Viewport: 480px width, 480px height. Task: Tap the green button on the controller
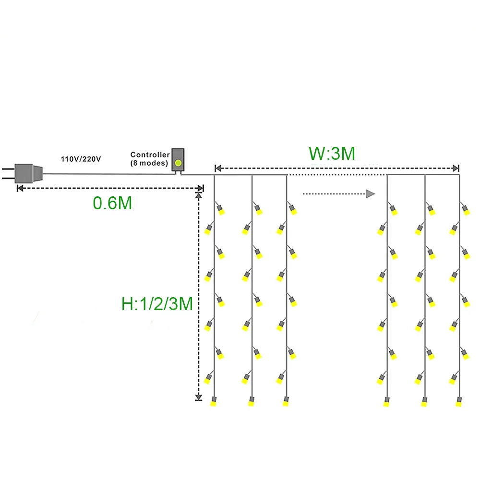pyautogui.click(x=179, y=163)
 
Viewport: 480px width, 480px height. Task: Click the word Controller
pyautogui.click(x=150, y=155)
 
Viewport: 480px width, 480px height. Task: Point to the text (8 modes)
pyautogui.click(x=149, y=163)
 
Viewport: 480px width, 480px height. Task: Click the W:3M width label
pyautogui.click(x=332, y=154)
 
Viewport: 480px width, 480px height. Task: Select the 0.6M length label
pyautogui.click(x=112, y=203)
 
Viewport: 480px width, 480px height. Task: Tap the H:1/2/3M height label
pyautogui.click(x=157, y=303)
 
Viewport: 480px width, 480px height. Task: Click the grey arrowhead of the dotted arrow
pyautogui.click(x=370, y=194)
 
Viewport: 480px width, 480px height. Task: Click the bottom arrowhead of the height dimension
pyautogui.click(x=198, y=397)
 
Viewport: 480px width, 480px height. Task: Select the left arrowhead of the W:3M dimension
pyautogui.click(x=217, y=168)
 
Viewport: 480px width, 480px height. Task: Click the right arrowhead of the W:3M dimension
pyautogui.click(x=456, y=168)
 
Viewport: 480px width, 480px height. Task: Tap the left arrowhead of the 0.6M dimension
pyautogui.click(x=20, y=188)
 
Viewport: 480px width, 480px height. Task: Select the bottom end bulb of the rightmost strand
pyautogui.click(x=459, y=402)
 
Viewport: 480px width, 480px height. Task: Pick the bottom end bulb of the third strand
pyautogui.click(x=286, y=402)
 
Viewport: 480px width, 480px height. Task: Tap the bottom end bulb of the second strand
pyautogui.click(x=251, y=402)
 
